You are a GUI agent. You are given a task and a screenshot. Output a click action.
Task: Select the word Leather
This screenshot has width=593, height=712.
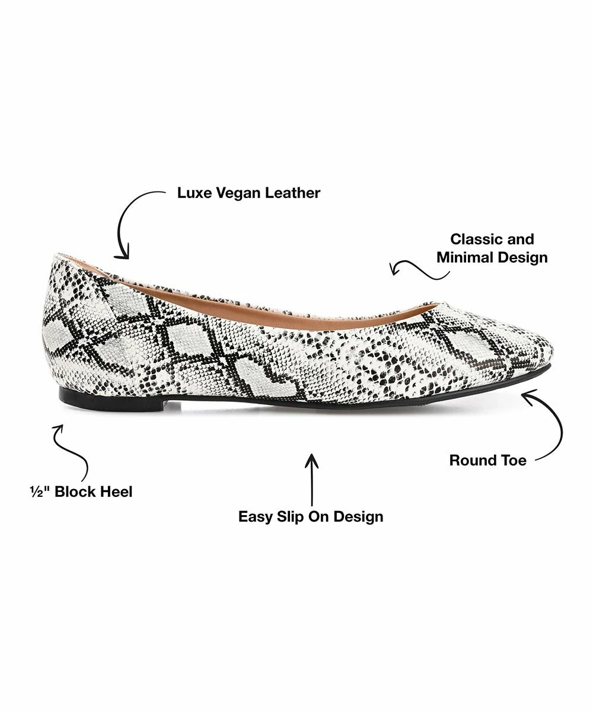[x=292, y=193]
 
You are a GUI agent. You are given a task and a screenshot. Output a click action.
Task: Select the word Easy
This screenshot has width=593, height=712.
[x=255, y=516]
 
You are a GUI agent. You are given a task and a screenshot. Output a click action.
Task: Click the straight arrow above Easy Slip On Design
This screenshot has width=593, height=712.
[x=311, y=480]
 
